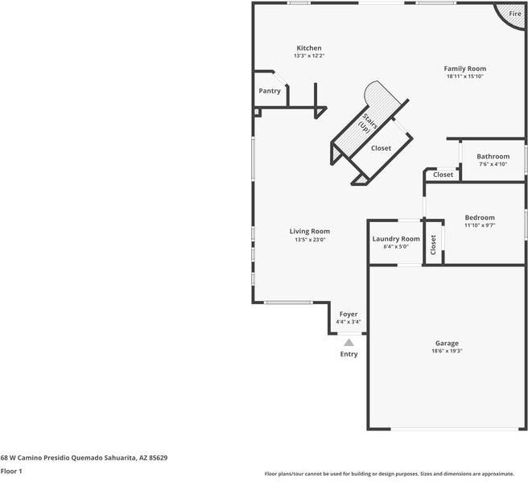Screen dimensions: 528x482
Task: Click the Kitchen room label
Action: click(x=309, y=48)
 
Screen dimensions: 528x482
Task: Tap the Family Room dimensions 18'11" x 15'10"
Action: click(x=464, y=76)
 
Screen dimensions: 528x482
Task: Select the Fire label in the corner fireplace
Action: click(x=515, y=14)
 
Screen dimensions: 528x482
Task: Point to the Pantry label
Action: click(x=270, y=91)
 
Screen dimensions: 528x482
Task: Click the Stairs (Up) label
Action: click(x=367, y=124)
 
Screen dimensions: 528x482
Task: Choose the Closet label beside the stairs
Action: click(x=381, y=148)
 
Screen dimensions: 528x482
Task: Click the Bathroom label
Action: click(x=493, y=157)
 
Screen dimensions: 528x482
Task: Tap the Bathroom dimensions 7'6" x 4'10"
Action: click(x=493, y=164)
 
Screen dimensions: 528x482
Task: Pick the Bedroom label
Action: click(x=480, y=218)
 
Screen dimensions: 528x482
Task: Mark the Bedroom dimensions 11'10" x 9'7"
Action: click(x=480, y=225)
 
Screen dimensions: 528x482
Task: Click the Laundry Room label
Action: click(x=396, y=239)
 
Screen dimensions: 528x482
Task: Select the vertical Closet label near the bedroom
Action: click(x=433, y=245)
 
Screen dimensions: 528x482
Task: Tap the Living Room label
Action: click(x=309, y=232)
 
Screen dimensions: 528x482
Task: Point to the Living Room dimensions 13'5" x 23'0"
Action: click(x=310, y=240)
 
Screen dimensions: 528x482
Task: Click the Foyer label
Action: click(x=349, y=315)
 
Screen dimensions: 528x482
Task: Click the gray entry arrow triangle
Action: click(x=349, y=343)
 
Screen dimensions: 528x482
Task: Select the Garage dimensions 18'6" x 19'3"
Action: click(x=447, y=351)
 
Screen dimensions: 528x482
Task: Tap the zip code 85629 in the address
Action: click(x=159, y=458)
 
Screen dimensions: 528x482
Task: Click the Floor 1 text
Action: click(x=11, y=472)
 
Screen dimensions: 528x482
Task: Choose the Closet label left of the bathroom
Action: click(x=443, y=175)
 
